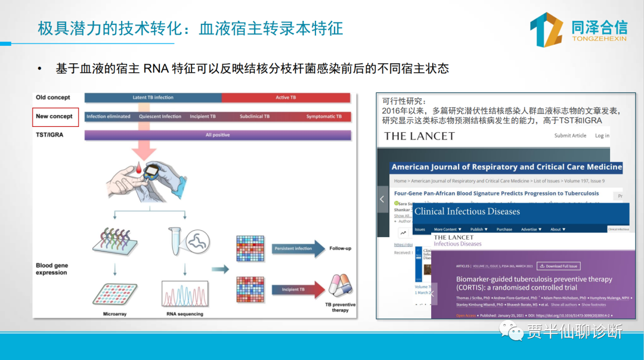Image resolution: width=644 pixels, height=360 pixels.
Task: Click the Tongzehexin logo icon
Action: (546, 29)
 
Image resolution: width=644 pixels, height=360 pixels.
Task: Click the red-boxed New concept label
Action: (55, 116)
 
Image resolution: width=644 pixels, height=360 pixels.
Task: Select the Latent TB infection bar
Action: (153, 98)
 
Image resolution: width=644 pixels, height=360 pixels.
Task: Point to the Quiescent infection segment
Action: (160, 117)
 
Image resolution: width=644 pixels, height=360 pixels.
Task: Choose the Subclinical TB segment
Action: (255, 117)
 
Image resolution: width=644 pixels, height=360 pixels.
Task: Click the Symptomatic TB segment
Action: (324, 117)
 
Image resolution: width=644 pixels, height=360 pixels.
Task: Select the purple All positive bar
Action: (217, 135)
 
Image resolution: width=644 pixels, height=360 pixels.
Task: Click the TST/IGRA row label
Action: (49, 135)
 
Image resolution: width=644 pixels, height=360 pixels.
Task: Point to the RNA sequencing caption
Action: (185, 314)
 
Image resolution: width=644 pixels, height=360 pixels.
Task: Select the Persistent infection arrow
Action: (298, 249)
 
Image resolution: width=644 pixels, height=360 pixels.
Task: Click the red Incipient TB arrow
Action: (298, 290)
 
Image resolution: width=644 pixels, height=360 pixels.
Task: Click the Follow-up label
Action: (340, 249)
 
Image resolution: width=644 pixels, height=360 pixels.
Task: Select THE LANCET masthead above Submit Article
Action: (419, 136)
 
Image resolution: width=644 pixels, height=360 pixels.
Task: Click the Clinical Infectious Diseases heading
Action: (467, 212)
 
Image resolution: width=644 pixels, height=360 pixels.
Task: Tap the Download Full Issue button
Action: (559, 266)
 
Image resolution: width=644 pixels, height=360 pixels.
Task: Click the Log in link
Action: (602, 136)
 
